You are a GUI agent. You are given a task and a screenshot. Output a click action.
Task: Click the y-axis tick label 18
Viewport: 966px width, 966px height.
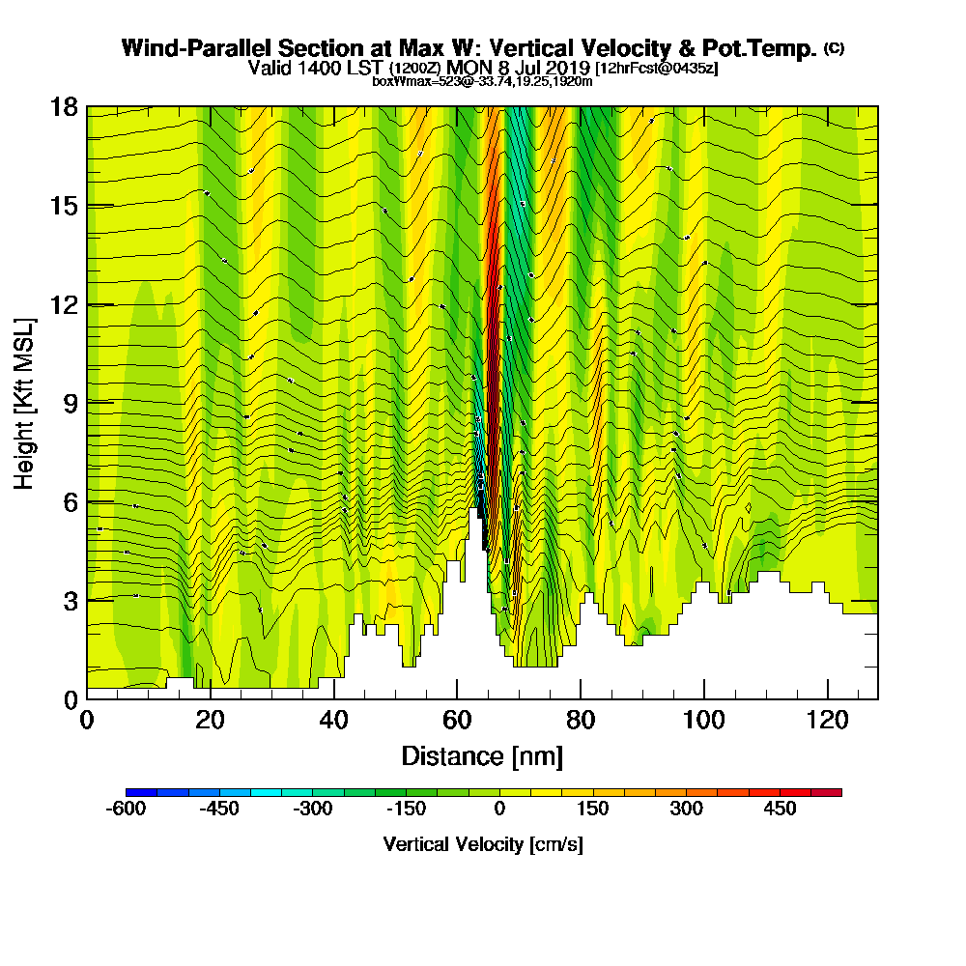[64, 107]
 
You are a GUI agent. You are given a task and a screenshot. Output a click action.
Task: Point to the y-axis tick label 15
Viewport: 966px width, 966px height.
[64, 206]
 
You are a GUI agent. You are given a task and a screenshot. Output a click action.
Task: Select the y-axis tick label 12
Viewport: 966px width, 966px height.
[64, 304]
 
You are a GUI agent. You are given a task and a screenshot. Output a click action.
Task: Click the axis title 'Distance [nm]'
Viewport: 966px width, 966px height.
[482, 755]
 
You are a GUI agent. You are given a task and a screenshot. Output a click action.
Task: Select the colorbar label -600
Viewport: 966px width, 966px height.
[126, 809]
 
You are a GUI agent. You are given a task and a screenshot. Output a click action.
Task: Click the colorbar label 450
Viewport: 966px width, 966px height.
[781, 809]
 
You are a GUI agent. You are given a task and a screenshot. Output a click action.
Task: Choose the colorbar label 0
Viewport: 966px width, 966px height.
[499, 809]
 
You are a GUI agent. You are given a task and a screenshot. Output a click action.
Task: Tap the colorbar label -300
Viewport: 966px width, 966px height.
[312, 809]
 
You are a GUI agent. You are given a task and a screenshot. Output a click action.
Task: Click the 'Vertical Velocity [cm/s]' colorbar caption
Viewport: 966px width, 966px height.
[483, 844]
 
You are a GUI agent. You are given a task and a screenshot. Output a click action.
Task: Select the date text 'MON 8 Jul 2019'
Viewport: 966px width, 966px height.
[518, 68]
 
